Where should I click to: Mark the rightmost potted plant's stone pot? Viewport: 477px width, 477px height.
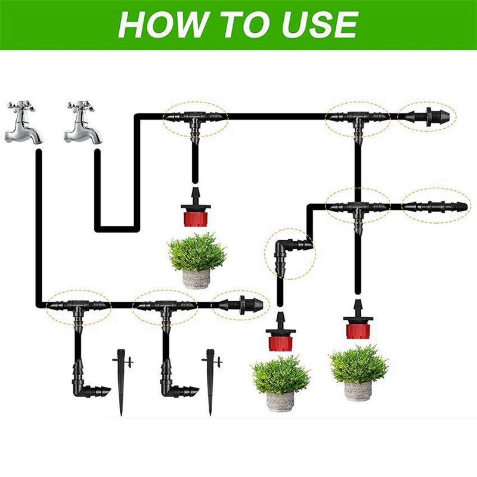pos(358,391)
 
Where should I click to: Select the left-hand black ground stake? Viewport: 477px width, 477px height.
pos(122,382)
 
